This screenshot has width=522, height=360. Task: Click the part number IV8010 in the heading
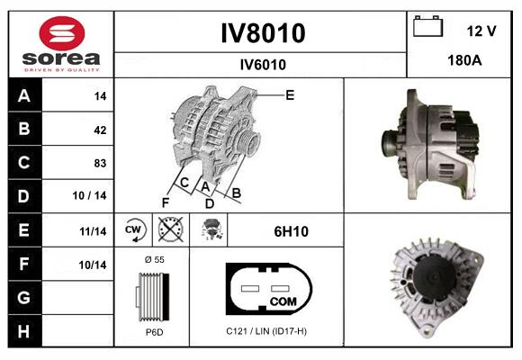tap(262, 33)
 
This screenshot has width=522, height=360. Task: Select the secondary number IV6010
tap(262, 64)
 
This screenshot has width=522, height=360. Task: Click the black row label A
tap(23, 96)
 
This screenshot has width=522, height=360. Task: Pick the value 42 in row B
tap(99, 130)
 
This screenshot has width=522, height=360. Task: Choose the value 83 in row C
tap(99, 164)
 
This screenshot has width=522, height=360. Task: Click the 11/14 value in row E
tap(93, 231)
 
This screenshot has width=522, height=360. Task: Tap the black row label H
tap(23, 331)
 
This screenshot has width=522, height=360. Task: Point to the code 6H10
tap(291, 231)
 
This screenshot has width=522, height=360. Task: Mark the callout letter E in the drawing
tap(290, 94)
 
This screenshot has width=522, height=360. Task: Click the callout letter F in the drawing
tap(166, 202)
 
